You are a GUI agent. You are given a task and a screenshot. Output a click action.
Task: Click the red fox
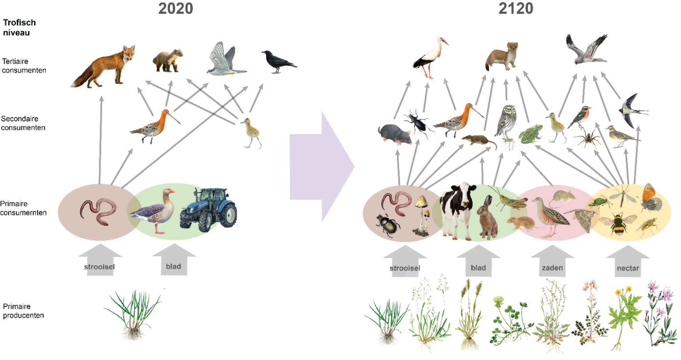click(103, 67)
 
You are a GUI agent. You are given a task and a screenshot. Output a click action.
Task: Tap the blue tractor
click(208, 210)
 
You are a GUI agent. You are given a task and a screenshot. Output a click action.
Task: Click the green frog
click(531, 134)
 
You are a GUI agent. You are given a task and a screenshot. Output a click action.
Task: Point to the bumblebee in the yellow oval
click(618, 224)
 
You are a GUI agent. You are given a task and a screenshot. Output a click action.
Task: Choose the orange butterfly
click(651, 198)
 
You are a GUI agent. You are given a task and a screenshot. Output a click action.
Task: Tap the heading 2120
click(516, 8)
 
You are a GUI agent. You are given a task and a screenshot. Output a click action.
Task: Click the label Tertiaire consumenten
click(24, 66)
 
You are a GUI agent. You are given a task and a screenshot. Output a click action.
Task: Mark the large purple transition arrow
click(321, 167)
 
